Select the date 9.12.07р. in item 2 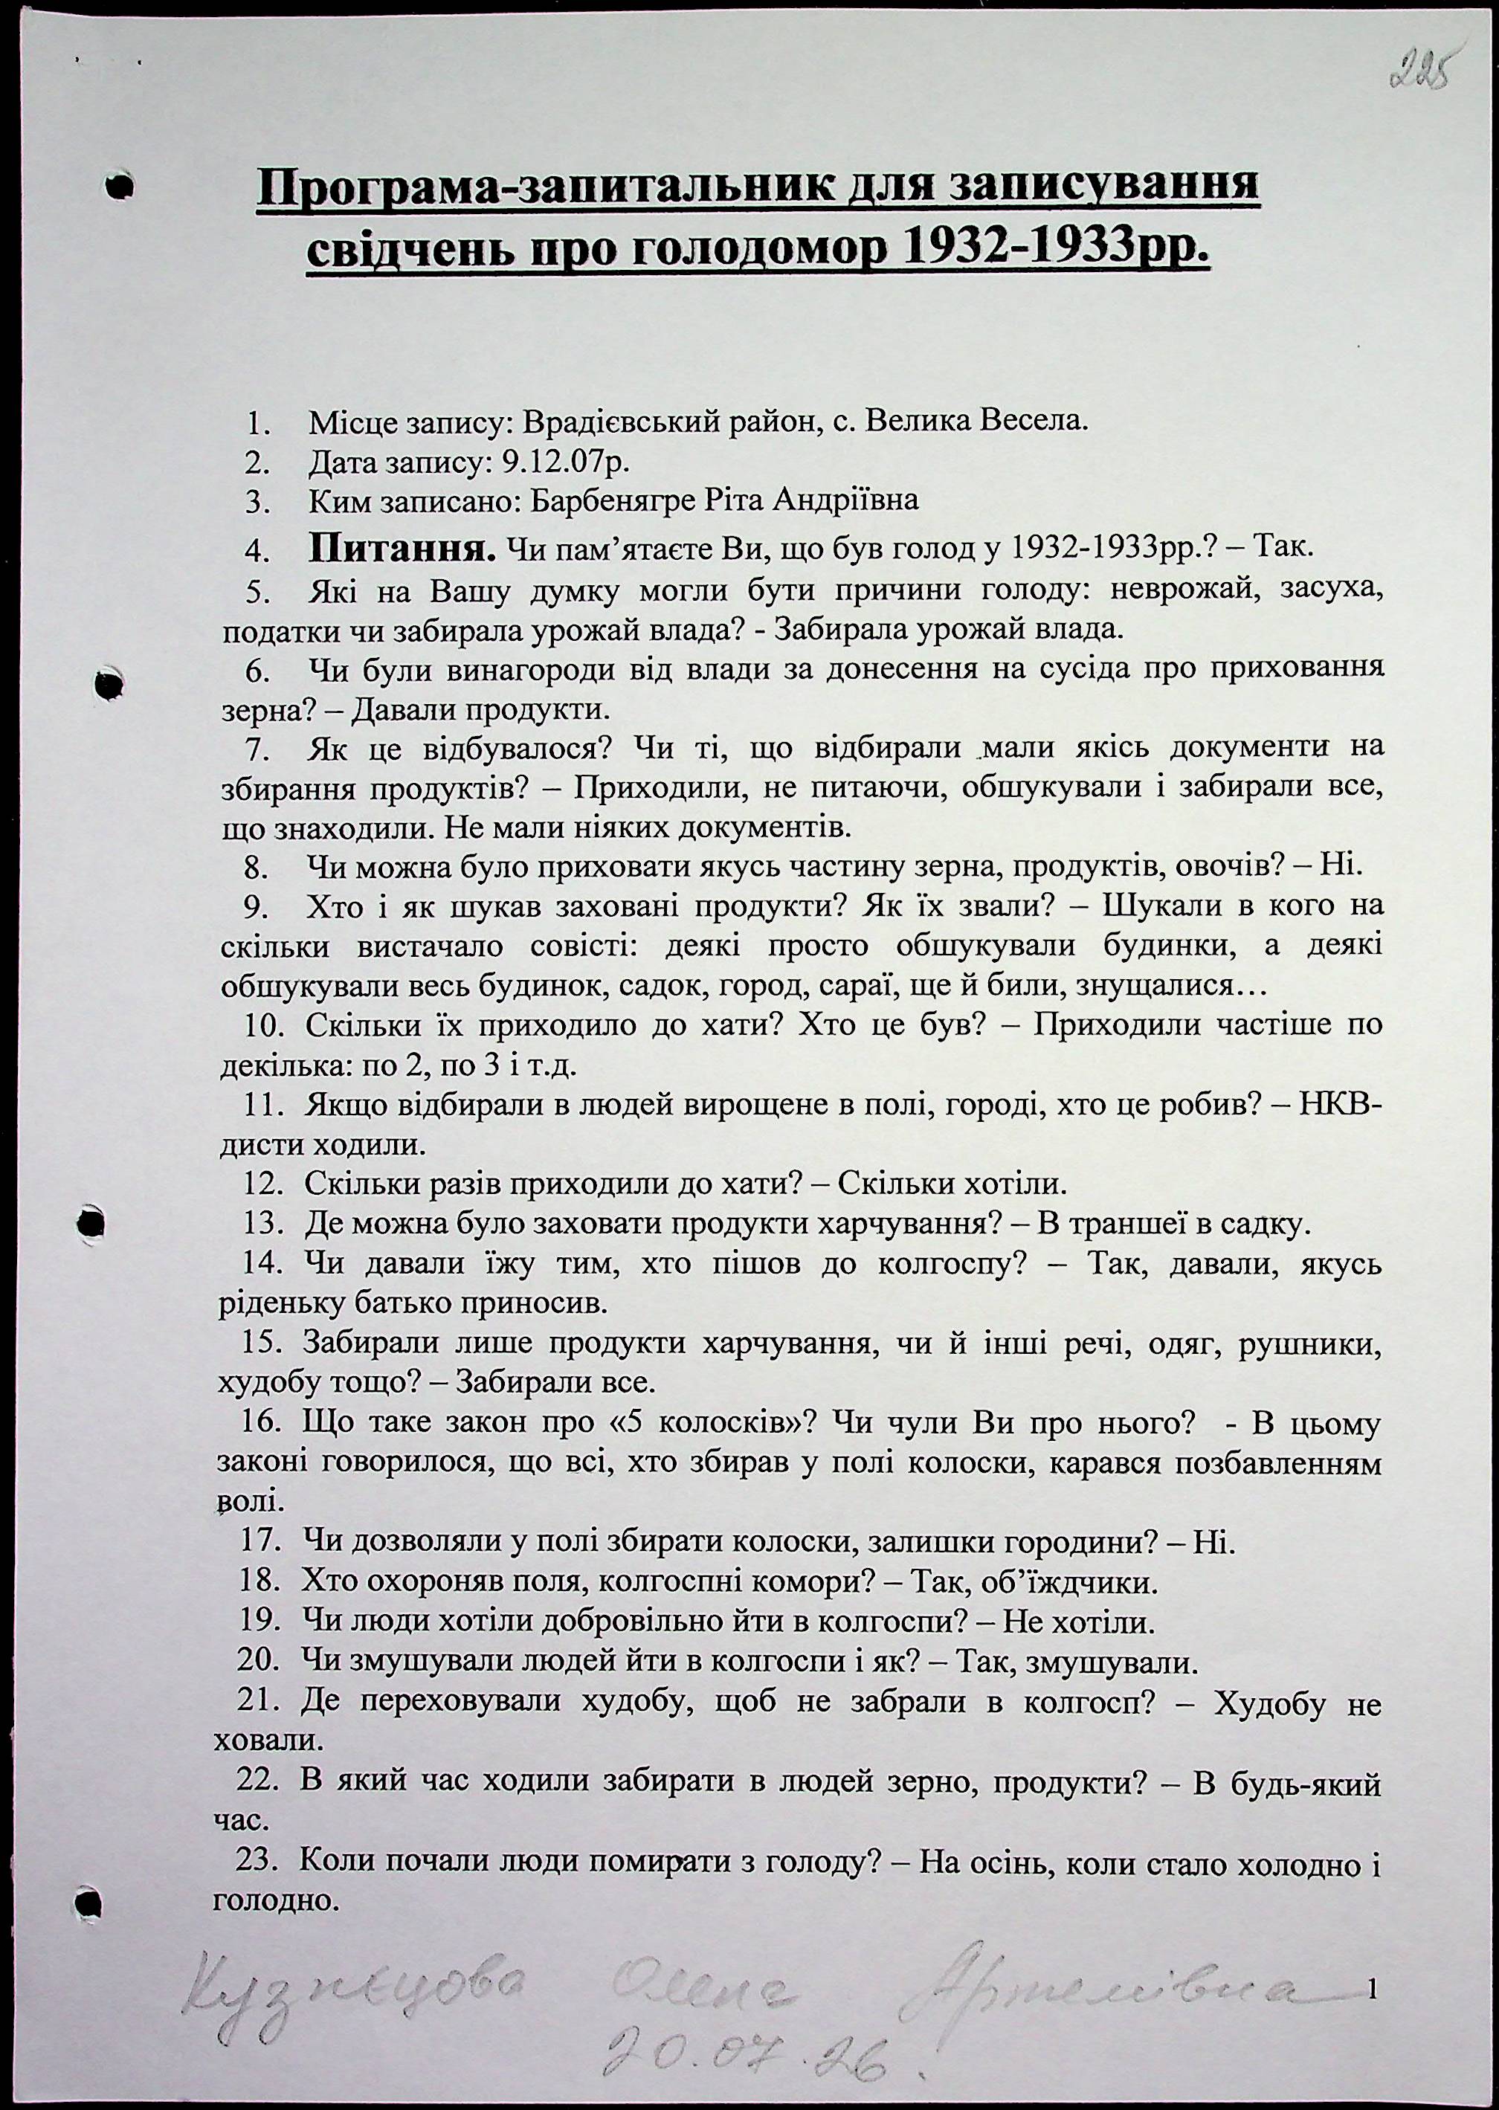point(564,462)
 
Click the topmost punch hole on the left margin point(117,187)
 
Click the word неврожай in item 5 point(1173,589)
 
